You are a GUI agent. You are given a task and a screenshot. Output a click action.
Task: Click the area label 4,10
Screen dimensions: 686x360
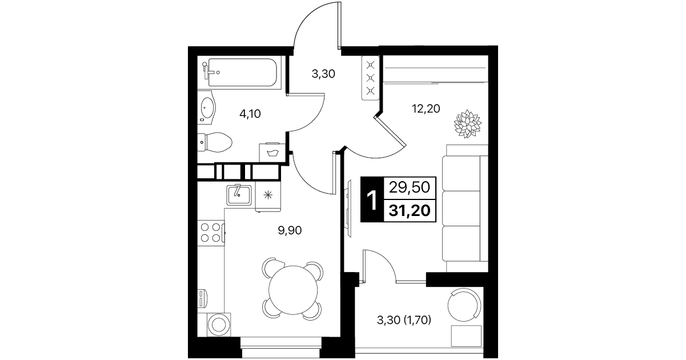pos(250,114)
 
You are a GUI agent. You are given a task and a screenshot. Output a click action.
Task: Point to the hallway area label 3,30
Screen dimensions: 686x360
pos(323,74)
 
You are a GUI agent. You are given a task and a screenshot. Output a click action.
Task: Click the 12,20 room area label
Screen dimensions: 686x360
pos(426,109)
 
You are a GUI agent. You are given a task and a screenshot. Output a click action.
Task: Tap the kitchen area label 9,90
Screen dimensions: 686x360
pos(290,230)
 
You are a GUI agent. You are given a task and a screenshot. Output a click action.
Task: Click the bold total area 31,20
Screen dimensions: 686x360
pos(410,210)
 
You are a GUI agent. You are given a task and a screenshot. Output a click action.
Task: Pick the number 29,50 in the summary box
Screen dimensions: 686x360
pos(410,187)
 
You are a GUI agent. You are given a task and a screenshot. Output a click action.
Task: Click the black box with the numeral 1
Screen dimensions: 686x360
pos(372,199)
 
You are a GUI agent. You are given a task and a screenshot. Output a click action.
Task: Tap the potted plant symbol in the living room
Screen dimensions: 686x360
pos(467,124)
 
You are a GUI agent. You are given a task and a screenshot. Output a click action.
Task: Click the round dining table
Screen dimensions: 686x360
pos(293,290)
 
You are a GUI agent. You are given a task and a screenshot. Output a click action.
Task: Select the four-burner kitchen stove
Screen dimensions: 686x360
pos(211,233)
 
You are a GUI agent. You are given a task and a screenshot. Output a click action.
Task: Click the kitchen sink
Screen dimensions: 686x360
pos(239,195)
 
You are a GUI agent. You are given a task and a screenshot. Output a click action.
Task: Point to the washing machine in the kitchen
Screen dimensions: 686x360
pos(219,325)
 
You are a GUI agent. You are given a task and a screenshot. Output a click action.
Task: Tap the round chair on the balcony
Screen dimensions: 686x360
pos(464,305)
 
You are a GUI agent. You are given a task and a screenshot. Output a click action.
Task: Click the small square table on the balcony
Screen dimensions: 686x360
pos(466,336)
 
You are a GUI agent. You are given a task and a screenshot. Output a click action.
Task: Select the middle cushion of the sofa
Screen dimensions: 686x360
pos(461,209)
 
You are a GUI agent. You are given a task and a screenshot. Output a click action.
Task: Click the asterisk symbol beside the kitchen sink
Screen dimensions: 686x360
pos(268,195)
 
